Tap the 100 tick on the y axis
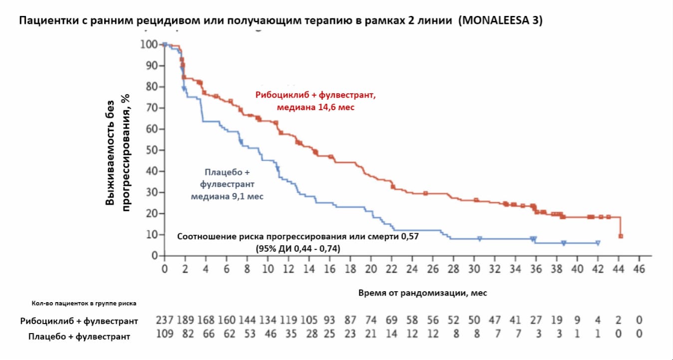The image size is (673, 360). pos(148,45)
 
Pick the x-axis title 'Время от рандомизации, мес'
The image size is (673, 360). pos(423,293)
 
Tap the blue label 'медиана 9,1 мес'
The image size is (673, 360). pos(227,196)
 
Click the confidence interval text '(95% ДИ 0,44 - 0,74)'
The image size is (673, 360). pos(297,248)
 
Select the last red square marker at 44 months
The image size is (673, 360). pos(621,236)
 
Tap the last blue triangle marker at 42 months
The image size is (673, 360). pos(598,243)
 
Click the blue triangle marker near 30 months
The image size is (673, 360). pos(479,239)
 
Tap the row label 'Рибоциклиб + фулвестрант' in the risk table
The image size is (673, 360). pos(79,321)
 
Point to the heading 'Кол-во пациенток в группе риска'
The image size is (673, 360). pos(84,303)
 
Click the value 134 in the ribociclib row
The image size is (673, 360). pos(267,320)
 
